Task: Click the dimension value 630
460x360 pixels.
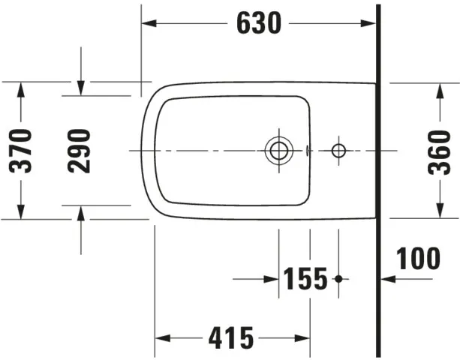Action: [x=259, y=24]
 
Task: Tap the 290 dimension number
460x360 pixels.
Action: [x=80, y=150]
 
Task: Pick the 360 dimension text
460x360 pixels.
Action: [x=439, y=150]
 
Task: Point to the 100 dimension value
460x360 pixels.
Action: [x=419, y=258]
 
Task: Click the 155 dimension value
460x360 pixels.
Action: [x=305, y=279]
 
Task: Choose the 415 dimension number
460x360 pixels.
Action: [x=230, y=338]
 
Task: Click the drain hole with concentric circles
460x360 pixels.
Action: [x=278, y=151]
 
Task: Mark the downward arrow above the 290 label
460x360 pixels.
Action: [x=80, y=88]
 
